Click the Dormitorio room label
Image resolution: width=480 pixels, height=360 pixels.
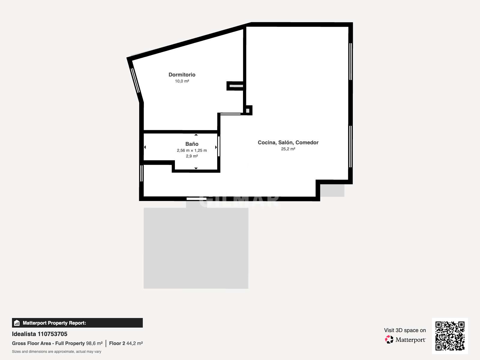click(182, 75)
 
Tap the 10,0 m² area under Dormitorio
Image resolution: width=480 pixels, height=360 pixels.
click(182, 81)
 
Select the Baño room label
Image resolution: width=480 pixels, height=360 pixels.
click(192, 144)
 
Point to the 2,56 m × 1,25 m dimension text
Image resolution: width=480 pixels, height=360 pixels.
click(192, 150)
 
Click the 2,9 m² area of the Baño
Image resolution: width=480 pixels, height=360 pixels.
click(192, 156)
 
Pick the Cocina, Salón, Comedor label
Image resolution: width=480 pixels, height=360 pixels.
click(288, 142)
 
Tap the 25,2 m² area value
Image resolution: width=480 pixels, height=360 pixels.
click(288, 149)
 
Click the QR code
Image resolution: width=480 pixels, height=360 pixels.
click(450, 336)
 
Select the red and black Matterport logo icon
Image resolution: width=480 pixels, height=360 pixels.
click(389, 340)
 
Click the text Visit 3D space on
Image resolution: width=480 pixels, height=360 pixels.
click(405, 330)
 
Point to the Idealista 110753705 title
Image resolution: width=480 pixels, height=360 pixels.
click(40, 334)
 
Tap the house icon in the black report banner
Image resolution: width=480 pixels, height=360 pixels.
click(17, 323)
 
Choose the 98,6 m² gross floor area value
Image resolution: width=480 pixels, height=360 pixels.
click(94, 343)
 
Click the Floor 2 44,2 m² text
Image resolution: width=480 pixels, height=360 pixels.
click(126, 343)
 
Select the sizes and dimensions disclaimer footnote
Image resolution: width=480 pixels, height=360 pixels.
click(56, 352)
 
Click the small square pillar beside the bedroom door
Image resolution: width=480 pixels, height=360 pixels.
click(248, 110)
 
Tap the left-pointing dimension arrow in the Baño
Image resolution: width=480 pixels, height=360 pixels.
click(145, 147)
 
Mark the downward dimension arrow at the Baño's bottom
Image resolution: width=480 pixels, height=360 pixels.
click(196, 168)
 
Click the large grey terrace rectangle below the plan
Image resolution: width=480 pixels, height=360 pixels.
click(196, 248)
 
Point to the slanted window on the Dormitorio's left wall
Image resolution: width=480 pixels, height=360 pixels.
click(135, 80)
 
